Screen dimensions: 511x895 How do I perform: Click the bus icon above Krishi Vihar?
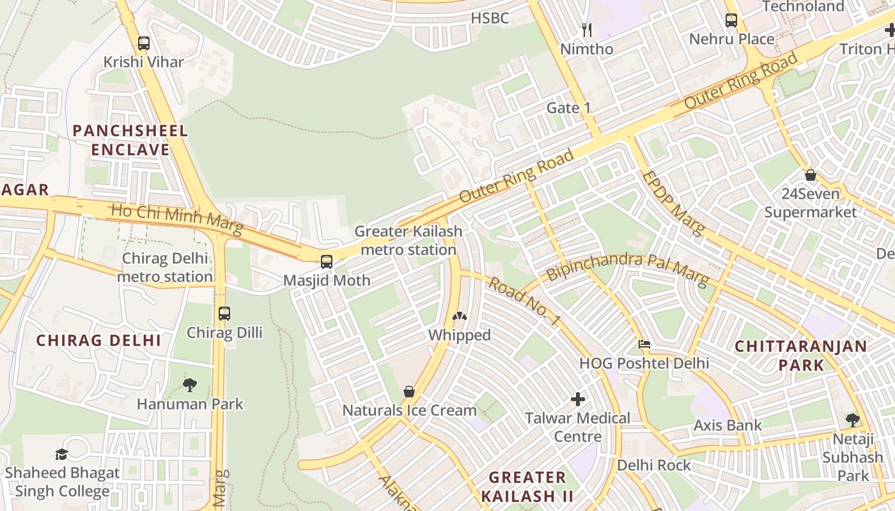coord(144,43)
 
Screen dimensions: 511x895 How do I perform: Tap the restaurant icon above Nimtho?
coord(587,29)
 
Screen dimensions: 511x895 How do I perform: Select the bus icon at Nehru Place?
coord(731,20)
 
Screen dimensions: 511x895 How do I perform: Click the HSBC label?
coord(490,19)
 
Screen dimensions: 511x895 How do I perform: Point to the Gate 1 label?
coord(568,108)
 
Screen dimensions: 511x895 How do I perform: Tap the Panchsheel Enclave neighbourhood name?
coord(130,141)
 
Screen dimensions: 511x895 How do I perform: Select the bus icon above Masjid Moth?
coord(327,261)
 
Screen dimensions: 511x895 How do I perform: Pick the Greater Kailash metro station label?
coord(408,240)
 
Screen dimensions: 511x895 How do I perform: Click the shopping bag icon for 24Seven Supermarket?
coord(811,175)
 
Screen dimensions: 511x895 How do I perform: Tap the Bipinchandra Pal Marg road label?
coord(627,268)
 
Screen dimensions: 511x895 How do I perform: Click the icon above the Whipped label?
coord(459,316)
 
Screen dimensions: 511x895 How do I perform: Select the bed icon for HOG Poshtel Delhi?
coord(644,344)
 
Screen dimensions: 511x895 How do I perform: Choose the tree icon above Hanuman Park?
coord(190,385)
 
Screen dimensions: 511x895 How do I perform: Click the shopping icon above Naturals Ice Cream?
coord(409,392)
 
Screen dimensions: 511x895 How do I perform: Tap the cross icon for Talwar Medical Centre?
coord(578,400)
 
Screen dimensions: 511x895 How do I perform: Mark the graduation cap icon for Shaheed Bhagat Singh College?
coord(62,454)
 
